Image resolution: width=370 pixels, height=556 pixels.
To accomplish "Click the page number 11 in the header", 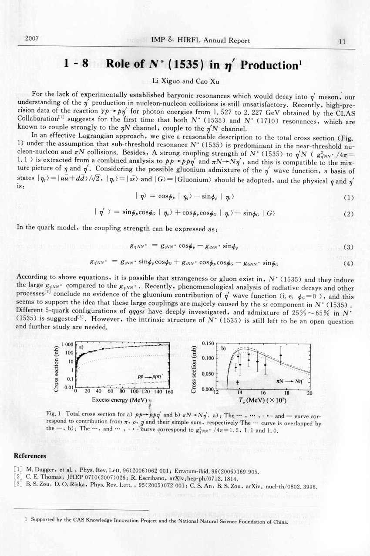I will [342, 42].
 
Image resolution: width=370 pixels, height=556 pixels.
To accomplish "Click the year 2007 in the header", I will [33, 38].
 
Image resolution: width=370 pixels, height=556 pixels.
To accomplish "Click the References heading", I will [30, 456].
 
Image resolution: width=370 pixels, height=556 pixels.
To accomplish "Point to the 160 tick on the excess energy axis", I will [168, 392].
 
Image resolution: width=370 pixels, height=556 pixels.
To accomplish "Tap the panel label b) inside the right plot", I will [224, 349].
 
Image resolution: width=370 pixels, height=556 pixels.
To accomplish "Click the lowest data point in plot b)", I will [237, 382].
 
